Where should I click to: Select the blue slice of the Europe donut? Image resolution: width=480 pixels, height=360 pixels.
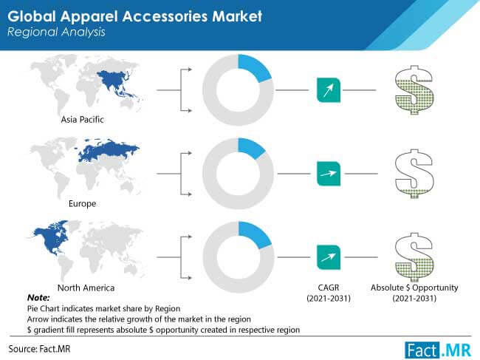[x=251, y=148]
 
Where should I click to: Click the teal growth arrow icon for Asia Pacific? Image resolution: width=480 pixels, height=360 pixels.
[x=329, y=90]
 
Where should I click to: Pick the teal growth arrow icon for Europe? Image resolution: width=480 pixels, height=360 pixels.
[x=329, y=174]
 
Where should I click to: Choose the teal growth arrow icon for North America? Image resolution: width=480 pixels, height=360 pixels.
[x=329, y=257]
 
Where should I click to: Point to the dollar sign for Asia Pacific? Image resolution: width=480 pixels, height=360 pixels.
[x=414, y=89]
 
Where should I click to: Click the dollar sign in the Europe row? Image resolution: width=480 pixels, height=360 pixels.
[x=414, y=174]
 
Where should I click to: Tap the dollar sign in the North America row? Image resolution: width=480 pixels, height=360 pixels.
[x=414, y=257]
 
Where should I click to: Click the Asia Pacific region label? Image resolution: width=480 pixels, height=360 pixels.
[x=83, y=120]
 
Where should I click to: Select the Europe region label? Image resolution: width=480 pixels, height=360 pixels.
[x=83, y=204]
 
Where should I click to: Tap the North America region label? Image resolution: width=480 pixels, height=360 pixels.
[x=86, y=288]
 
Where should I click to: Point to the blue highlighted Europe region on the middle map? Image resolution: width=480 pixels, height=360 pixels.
[x=107, y=151]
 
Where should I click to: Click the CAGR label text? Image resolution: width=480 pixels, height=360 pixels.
[x=329, y=288]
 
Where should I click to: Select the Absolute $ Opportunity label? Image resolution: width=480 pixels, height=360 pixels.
[x=414, y=288]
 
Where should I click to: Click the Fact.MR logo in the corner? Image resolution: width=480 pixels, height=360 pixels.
[x=438, y=350]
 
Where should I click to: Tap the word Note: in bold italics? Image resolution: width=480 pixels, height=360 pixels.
[x=38, y=297]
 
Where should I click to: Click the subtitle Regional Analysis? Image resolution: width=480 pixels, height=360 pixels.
[x=56, y=33]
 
